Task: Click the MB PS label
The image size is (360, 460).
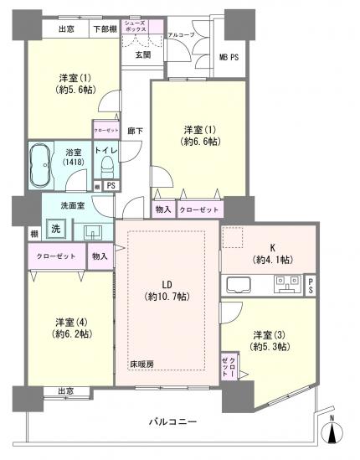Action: pos(229,57)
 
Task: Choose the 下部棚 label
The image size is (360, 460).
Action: pos(105,29)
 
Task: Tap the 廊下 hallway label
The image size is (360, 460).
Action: pos(134,132)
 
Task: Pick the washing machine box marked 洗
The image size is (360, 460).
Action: pos(55,228)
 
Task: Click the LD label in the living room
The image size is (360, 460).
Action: pos(165,282)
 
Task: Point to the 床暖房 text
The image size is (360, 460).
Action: pos(141,364)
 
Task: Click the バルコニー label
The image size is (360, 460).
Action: pos(173,421)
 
